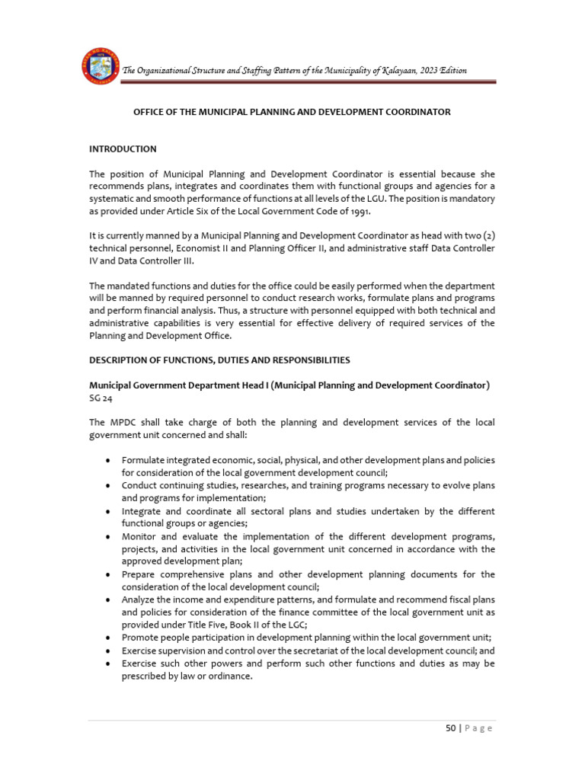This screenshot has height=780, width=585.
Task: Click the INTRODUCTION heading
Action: [123, 149]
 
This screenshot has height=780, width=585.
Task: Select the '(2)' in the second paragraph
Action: [485, 236]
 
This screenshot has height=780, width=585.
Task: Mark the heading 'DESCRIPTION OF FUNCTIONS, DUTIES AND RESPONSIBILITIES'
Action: [219, 360]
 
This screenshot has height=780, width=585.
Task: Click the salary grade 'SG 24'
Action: [101, 398]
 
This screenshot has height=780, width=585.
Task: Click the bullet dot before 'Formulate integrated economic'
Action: [111, 461]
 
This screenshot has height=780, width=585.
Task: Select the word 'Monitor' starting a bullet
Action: [138, 536]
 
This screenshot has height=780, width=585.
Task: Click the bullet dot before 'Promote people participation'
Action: [111, 638]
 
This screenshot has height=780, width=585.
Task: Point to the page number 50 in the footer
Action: [451, 728]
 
